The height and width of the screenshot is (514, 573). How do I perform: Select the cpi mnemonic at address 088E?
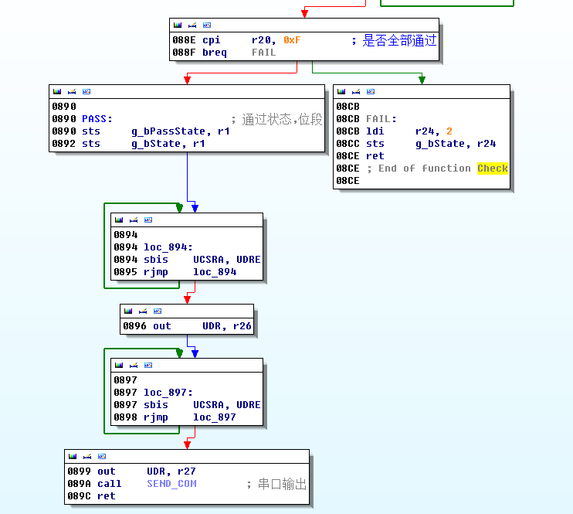tap(211, 40)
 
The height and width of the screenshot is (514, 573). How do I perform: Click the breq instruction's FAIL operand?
tap(263, 53)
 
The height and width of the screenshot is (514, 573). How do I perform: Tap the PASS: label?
tap(97, 119)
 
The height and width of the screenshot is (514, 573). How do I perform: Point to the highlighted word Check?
tap(492, 168)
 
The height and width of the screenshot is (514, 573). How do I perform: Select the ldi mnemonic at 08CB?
tap(375, 131)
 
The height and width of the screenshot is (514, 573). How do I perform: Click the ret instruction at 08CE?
tap(375, 156)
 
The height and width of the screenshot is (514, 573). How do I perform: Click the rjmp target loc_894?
tap(215, 272)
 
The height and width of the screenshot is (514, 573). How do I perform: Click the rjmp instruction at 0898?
tap(156, 417)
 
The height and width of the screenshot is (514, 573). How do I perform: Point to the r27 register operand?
tap(186, 471)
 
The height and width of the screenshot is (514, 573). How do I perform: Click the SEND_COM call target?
tap(171, 484)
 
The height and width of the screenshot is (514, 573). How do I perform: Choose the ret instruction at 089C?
tap(106, 496)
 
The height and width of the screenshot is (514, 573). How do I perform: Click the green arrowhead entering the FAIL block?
tap(421, 79)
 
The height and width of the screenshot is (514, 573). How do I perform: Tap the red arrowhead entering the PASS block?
tap(186, 79)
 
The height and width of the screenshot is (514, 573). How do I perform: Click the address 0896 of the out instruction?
tap(134, 326)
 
